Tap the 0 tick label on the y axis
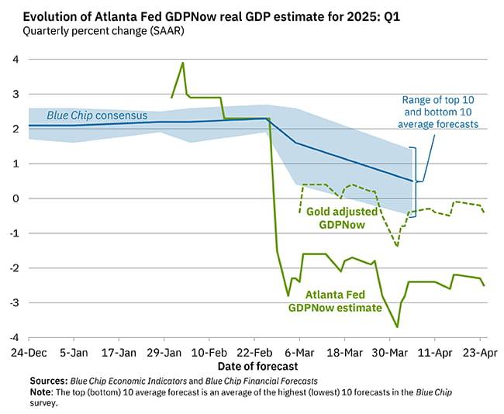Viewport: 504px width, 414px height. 15,198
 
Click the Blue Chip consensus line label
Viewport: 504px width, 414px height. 97,116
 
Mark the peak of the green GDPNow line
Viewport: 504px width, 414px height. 183,63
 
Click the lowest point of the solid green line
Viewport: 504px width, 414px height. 398,327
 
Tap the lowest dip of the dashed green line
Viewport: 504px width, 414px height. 397,247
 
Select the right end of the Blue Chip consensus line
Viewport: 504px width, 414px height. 412,181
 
